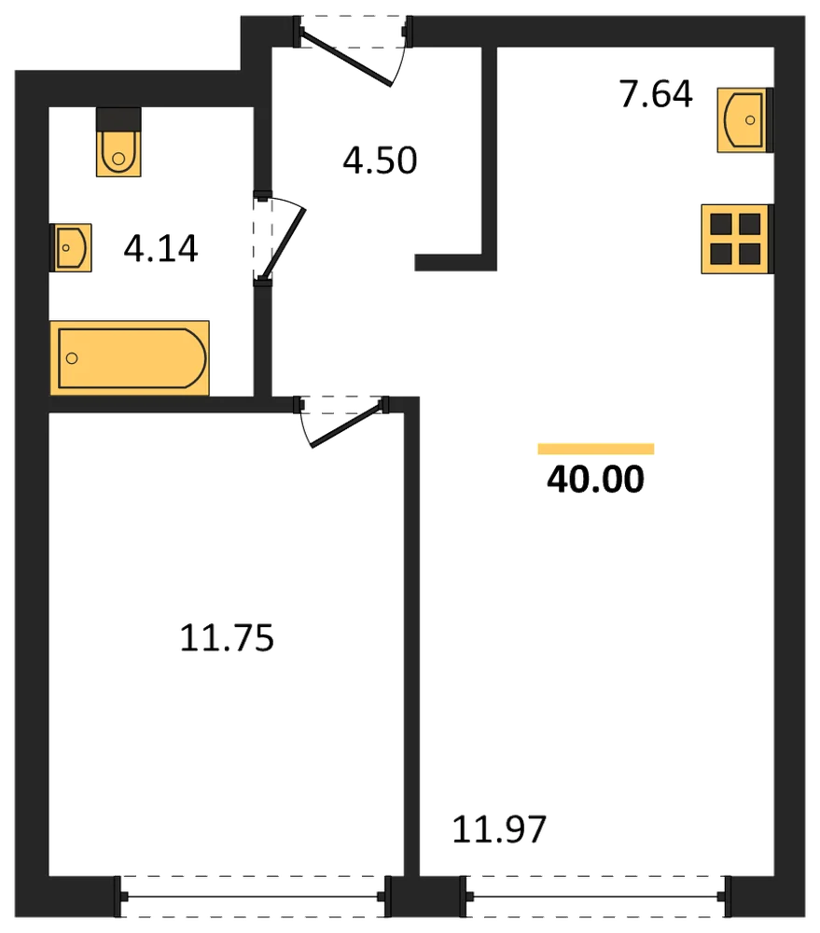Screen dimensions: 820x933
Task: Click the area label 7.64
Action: pyautogui.click(x=656, y=94)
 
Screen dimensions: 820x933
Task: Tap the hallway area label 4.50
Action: pyautogui.click(x=380, y=160)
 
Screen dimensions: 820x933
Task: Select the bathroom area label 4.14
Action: pyautogui.click(x=160, y=249)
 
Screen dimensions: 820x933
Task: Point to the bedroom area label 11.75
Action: pyautogui.click(x=227, y=638)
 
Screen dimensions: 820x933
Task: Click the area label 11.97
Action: pyautogui.click(x=499, y=829)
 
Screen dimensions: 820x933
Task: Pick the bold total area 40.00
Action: pyautogui.click(x=596, y=480)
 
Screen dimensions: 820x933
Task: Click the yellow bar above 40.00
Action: pyautogui.click(x=596, y=449)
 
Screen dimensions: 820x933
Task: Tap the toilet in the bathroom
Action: pyautogui.click(x=118, y=142)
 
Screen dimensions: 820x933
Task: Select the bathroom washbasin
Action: pyautogui.click(x=71, y=247)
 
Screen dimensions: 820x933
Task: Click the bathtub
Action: pyautogui.click(x=130, y=358)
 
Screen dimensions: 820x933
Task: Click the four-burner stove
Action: pyautogui.click(x=737, y=239)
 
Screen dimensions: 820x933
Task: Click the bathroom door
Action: pyautogui.click(x=279, y=238)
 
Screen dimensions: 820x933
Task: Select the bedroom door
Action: pyautogui.click(x=342, y=420)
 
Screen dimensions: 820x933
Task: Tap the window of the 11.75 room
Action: pyautogui.click(x=252, y=896)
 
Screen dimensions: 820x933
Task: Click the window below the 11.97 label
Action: pyautogui.click(x=595, y=896)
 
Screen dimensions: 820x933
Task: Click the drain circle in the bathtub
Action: pyautogui.click(x=72, y=358)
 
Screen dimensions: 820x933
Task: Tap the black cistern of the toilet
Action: pyautogui.click(x=118, y=119)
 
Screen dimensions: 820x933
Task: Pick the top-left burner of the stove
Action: pyautogui.click(x=721, y=224)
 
